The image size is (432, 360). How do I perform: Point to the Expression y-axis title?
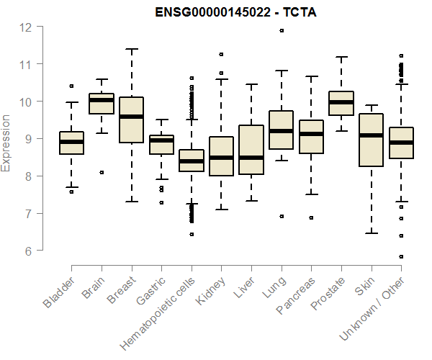(6, 143)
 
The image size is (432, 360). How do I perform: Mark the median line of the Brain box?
(101, 101)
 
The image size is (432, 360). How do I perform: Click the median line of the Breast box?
(131, 117)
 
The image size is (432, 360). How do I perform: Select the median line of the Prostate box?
(341, 102)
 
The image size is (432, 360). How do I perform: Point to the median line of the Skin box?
(371, 135)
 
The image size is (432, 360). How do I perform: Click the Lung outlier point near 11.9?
(281, 31)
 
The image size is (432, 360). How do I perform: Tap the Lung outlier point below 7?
(281, 216)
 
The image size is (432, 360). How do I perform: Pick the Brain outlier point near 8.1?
(101, 172)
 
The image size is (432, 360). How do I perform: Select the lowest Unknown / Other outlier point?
(401, 256)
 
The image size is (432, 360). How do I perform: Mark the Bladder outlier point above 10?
(71, 86)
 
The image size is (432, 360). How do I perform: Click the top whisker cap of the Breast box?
(131, 49)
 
